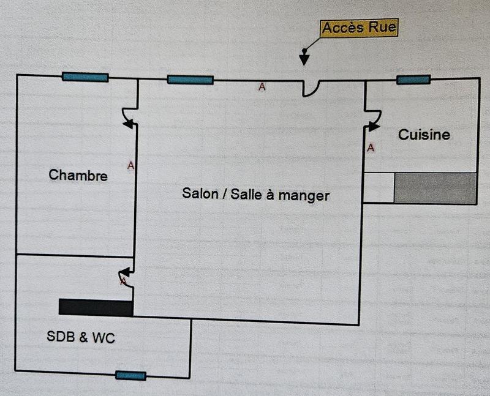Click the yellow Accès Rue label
[x=359, y=28]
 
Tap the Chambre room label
[x=78, y=176]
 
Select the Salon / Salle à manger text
[x=255, y=195]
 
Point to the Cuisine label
[x=424, y=135]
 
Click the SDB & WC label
[x=81, y=337]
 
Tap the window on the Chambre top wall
[x=85, y=77]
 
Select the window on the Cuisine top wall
[x=413, y=80]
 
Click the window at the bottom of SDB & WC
[x=130, y=375]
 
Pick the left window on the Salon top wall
[x=190, y=80]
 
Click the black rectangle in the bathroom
[x=96, y=307]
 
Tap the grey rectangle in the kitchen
[x=435, y=188]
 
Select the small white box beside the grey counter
[x=379, y=188]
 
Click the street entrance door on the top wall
[x=311, y=88]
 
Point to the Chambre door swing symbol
[x=129, y=118]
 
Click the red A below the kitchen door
[x=371, y=148]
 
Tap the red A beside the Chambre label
[x=130, y=165]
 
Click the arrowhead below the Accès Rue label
[x=303, y=59]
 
